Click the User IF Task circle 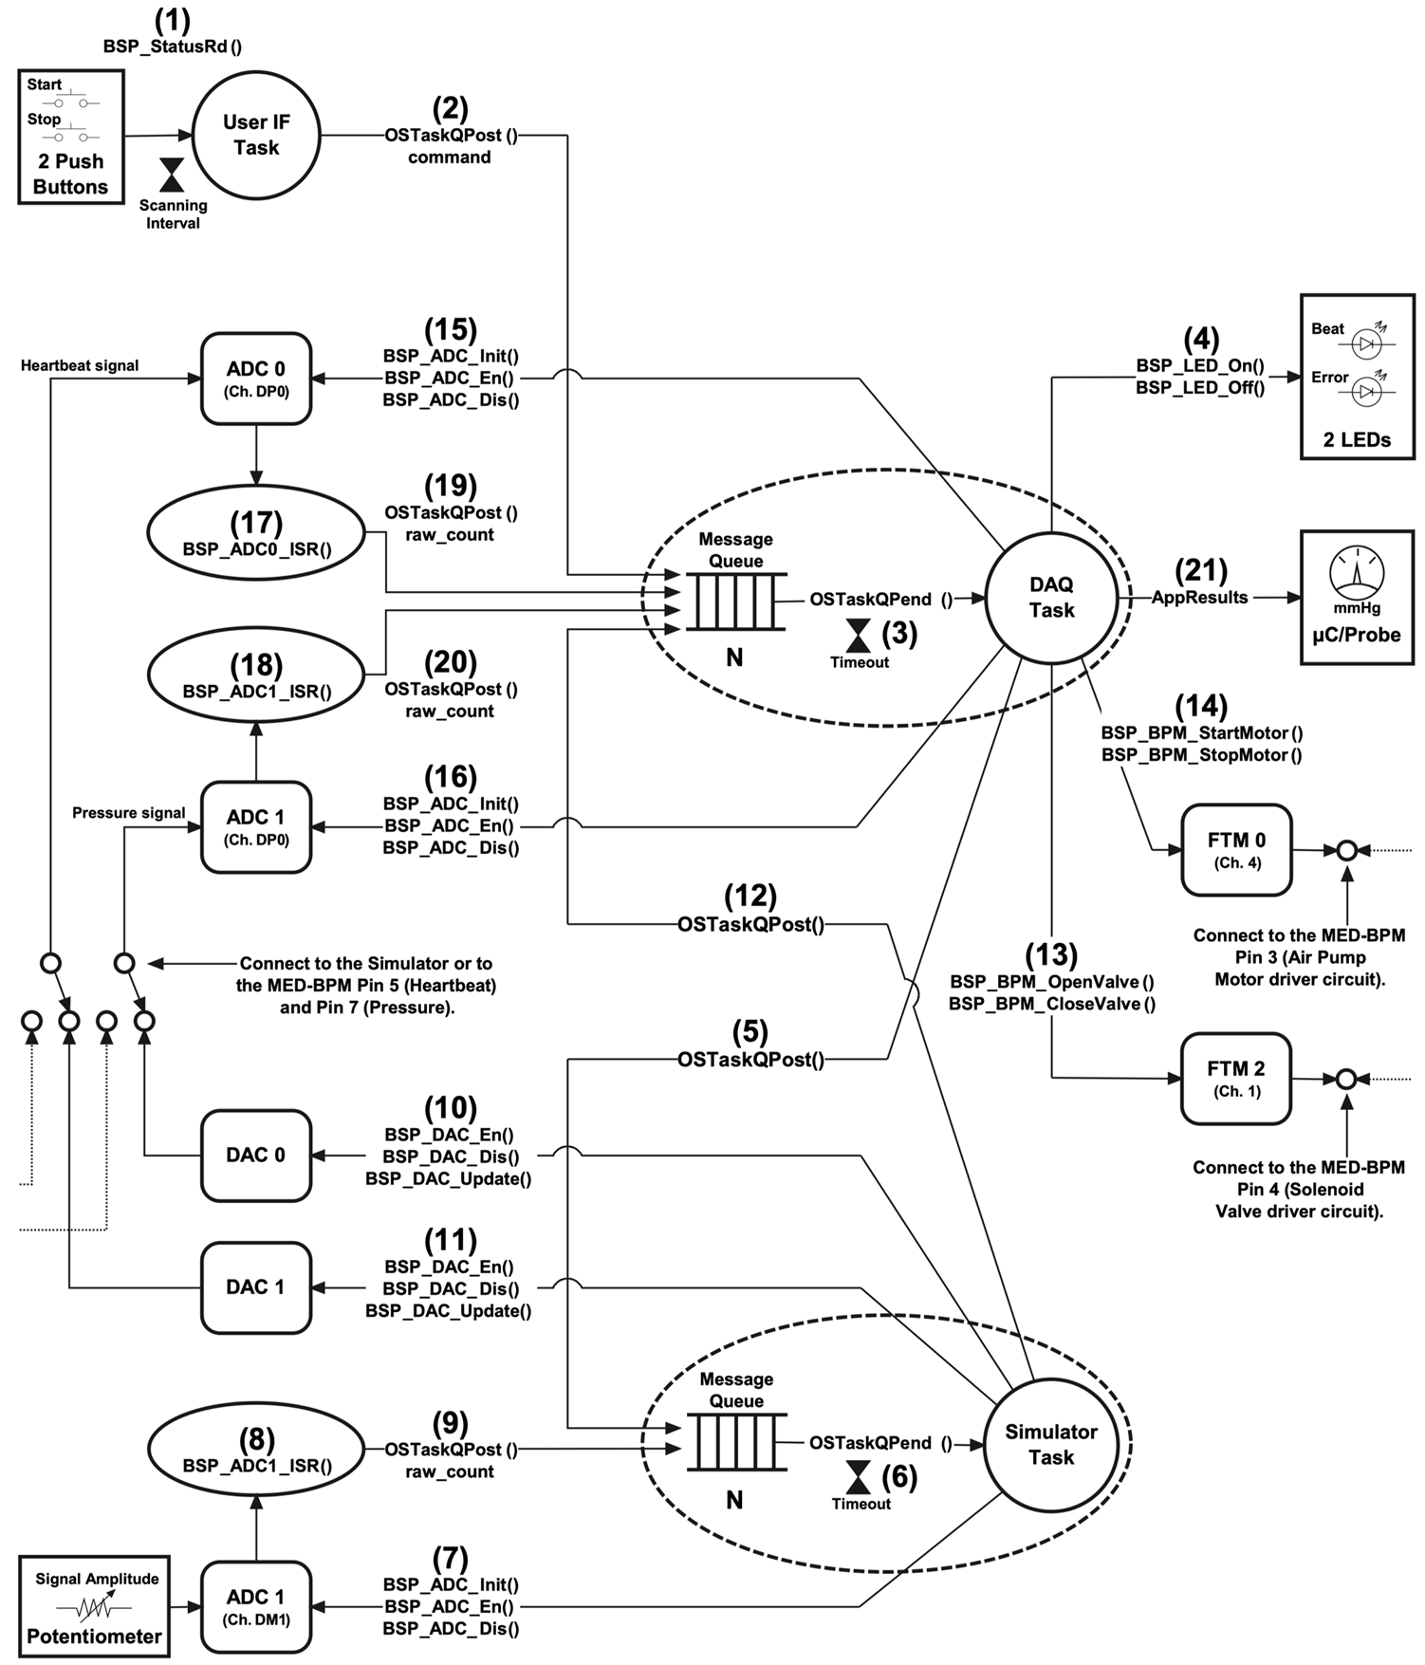[x=256, y=135]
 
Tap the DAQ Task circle [x=1051, y=598]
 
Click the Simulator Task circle [x=1051, y=1444]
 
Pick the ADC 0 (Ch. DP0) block [x=256, y=378]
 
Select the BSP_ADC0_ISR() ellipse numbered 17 [x=256, y=533]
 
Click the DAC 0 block [x=256, y=1155]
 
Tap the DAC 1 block [x=256, y=1286]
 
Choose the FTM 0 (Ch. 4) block [x=1236, y=849]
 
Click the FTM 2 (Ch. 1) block [x=1236, y=1078]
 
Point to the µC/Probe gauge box [x=1357, y=597]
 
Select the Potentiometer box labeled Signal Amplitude [x=95, y=1606]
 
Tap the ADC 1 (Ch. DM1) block [x=256, y=1606]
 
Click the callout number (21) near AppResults [x=1201, y=570]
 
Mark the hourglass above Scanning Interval [x=172, y=176]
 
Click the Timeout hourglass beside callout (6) [x=859, y=1477]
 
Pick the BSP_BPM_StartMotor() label [x=1201, y=733]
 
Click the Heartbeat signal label [x=80, y=365]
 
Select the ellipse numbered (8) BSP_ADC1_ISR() [x=256, y=1450]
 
